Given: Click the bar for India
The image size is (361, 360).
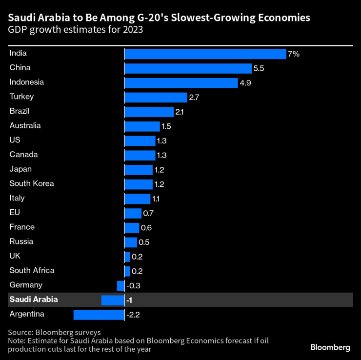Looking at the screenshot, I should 205,54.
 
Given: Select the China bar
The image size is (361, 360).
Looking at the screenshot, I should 188,68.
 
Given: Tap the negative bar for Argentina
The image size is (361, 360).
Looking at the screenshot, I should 99,315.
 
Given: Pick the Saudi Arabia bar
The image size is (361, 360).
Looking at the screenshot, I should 113,300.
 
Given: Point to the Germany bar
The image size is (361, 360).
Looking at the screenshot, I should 120,285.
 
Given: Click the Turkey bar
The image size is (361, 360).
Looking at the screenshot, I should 156,97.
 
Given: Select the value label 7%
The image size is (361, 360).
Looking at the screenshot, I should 293,54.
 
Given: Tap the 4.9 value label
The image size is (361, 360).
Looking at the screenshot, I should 245,83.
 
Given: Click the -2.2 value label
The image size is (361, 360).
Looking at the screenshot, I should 133,315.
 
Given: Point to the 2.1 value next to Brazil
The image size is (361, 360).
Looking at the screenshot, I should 179,112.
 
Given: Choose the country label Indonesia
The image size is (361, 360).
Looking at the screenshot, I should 26,82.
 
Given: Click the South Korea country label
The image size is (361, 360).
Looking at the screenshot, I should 32,184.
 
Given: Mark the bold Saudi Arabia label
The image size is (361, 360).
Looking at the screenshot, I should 33,300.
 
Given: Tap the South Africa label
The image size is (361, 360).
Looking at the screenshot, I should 32,270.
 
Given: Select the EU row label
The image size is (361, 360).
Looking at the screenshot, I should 15,213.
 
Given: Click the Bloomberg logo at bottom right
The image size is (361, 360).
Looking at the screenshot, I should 330,347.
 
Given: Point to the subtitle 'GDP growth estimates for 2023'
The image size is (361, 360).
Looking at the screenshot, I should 75,30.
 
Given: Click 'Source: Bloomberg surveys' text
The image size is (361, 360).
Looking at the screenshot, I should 54,332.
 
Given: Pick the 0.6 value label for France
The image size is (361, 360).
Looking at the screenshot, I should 145,227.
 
